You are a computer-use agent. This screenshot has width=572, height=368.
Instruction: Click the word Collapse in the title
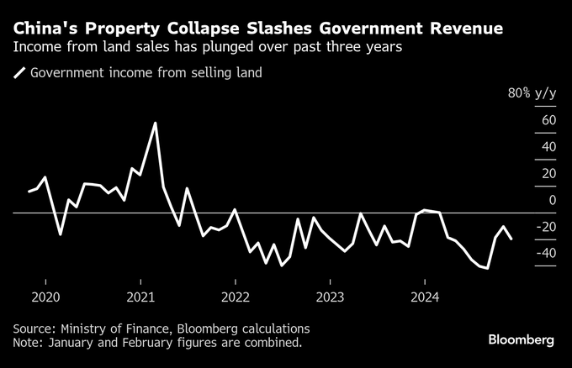200,29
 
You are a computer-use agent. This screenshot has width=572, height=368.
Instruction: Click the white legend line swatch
19,73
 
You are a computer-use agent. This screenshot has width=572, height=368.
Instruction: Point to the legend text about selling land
146,73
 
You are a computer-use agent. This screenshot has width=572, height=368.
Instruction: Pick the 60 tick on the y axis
549,120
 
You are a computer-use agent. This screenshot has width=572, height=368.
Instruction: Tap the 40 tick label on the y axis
549,147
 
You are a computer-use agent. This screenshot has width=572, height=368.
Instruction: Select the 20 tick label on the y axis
549,173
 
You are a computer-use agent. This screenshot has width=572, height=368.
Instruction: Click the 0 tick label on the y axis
553,200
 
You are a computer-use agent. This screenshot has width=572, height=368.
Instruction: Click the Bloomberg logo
522,339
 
